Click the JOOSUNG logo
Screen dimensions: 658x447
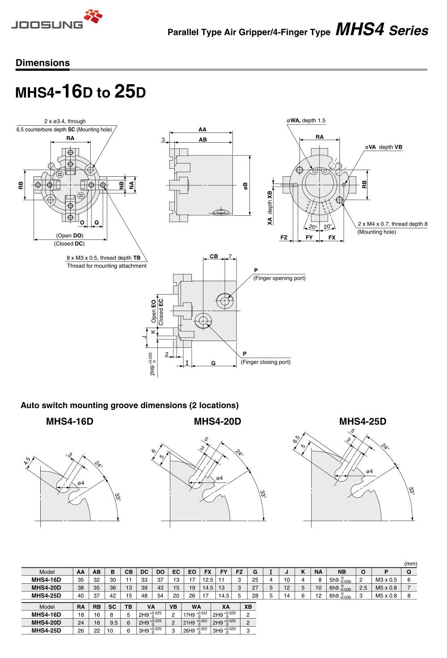click(57, 20)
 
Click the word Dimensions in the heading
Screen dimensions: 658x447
click(42, 63)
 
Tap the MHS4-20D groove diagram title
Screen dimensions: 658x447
click(217, 421)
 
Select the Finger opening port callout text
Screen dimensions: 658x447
click(279, 278)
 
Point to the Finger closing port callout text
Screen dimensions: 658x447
click(266, 362)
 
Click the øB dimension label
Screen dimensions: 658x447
click(245, 186)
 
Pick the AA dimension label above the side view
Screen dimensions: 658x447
click(202, 129)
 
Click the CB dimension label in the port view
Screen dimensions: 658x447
click(214, 256)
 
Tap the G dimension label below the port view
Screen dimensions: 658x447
click(213, 363)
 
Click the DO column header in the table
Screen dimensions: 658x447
click(160, 572)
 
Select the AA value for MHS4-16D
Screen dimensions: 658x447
click(80, 580)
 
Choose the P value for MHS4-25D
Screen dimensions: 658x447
click(386, 596)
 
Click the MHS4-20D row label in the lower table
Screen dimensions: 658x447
click(46, 623)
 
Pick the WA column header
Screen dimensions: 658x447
click(196, 607)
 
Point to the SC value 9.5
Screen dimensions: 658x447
click(114, 623)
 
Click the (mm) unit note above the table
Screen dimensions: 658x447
click(410, 564)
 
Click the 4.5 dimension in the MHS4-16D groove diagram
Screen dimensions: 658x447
click(28, 461)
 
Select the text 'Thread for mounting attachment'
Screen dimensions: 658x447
click(106, 266)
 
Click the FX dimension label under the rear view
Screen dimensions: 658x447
click(332, 238)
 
